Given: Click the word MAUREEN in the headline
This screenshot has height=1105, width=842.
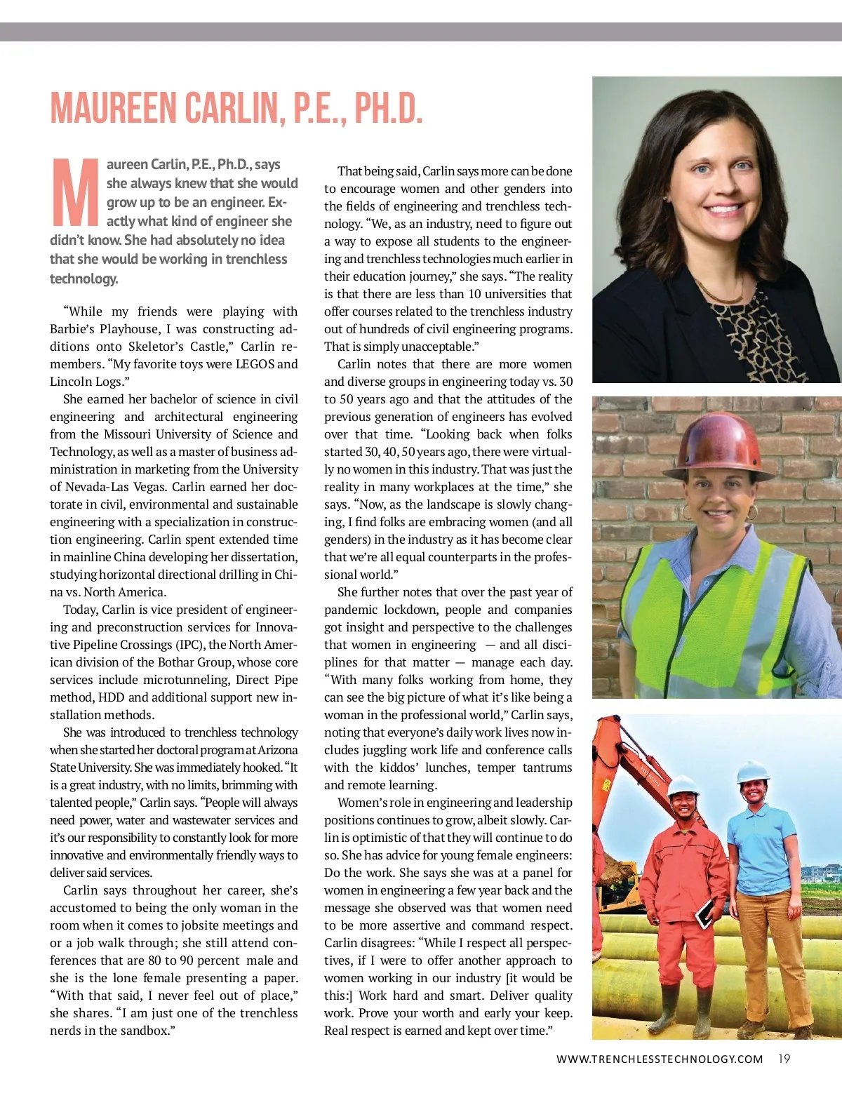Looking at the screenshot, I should tap(114, 108).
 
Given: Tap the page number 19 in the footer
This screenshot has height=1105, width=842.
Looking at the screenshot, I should tap(784, 1059).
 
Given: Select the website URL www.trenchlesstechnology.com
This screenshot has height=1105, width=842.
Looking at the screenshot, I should tap(659, 1059).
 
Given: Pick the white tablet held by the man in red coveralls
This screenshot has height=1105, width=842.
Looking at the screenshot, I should tap(704, 911).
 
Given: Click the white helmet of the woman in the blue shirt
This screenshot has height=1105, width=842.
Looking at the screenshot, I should tap(753, 771).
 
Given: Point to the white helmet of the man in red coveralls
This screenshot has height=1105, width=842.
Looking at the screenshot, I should tap(683, 785).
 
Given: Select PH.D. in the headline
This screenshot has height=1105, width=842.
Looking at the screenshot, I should tap(388, 108).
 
